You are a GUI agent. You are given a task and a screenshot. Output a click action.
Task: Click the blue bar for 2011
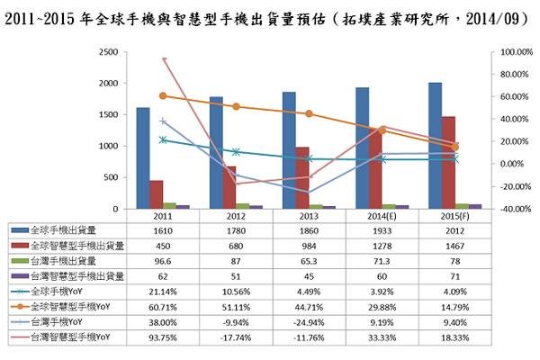(x=142, y=157)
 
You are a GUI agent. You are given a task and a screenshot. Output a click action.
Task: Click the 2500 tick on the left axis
(x=106, y=52)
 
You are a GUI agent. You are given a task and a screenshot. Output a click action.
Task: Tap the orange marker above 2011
(x=163, y=95)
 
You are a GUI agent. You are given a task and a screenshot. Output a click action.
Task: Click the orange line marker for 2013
(x=309, y=113)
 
